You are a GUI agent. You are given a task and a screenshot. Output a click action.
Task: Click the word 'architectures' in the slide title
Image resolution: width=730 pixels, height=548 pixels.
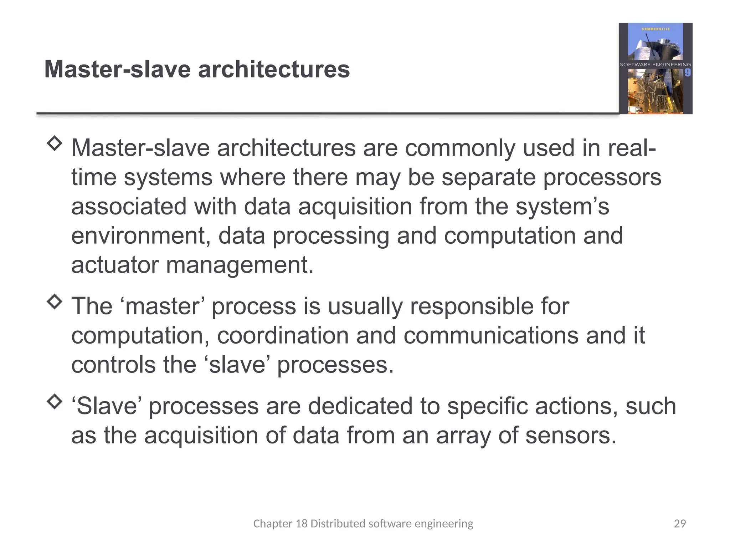274,69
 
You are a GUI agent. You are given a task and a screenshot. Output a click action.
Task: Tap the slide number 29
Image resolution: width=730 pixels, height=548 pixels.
680,523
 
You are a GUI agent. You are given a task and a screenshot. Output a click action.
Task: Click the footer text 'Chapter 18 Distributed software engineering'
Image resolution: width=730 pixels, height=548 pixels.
363,523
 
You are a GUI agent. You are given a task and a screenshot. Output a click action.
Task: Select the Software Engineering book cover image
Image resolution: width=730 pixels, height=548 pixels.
655,68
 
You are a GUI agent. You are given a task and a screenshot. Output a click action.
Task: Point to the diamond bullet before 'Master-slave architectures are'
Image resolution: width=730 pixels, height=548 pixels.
55,143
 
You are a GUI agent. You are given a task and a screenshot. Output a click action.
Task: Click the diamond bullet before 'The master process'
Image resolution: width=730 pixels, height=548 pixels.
55,302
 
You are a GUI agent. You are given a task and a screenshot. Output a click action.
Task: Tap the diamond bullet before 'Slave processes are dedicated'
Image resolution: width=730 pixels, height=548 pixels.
55,402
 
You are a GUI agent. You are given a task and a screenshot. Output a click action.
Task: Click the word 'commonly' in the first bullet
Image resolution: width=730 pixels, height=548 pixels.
460,148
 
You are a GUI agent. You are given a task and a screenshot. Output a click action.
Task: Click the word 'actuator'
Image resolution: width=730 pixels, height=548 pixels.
115,265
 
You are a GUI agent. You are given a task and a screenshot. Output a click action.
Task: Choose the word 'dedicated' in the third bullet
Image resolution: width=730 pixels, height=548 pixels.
360,406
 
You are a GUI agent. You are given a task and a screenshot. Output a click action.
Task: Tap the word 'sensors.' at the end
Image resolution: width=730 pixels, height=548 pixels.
571,436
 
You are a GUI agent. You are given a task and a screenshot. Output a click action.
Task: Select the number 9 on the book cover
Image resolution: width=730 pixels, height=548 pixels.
687,73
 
